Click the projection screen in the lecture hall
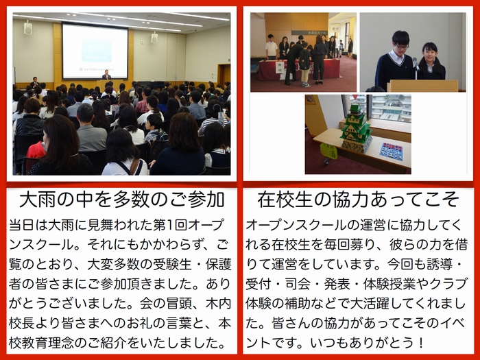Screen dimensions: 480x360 (x=95, y=51)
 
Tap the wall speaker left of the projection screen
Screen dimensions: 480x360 (x=28, y=28)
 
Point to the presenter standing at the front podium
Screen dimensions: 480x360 (x=106, y=74)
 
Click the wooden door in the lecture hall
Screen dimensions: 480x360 (x=224, y=75)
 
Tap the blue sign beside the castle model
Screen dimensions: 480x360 (x=392, y=152)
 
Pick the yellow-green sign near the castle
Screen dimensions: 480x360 (x=328, y=151)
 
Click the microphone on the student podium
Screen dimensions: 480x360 (x=416, y=64)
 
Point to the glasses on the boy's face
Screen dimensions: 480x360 (x=401, y=46)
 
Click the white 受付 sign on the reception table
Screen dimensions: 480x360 (x=280, y=67)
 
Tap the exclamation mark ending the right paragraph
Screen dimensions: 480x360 (x=422, y=343)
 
